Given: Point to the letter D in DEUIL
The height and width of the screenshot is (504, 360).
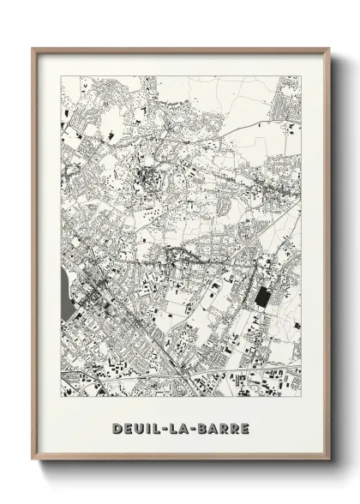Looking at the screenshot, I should [x=116, y=426].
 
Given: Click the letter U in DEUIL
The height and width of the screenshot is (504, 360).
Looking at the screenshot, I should [x=140, y=426].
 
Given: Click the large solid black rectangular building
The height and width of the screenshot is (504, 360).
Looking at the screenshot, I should [x=261, y=297].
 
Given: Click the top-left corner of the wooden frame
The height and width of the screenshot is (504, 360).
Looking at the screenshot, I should [x=33, y=48].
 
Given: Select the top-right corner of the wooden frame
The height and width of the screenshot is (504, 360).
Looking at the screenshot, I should [x=330, y=48].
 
